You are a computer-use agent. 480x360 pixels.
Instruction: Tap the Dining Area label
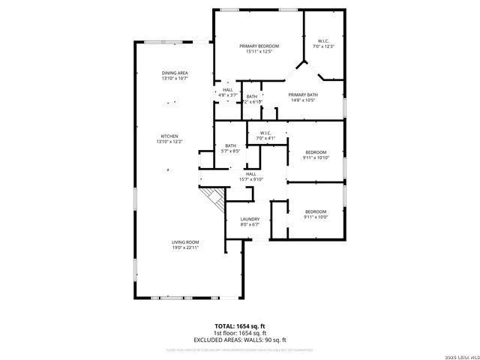click(174, 73)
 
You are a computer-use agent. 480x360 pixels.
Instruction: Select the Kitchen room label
click(169, 136)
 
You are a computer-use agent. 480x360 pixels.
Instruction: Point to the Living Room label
click(184, 241)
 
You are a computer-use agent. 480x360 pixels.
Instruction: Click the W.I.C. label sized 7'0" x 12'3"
click(323, 41)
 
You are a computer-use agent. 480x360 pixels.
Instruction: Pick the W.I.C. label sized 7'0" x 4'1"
click(266, 133)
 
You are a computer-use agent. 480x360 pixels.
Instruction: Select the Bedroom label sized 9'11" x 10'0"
click(315, 211)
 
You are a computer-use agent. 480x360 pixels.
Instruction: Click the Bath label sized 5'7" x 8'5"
click(231, 145)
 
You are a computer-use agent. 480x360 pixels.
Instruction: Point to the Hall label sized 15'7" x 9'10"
click(250, 174)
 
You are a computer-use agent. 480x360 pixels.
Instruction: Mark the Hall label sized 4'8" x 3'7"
click(227, 90)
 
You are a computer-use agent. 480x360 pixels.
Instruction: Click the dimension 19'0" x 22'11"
click(184, 247)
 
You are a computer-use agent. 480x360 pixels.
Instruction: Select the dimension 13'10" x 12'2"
click(169, 141)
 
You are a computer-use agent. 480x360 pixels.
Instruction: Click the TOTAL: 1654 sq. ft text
click(239, 325)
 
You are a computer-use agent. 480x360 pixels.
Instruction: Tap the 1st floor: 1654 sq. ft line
click(239, 331)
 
